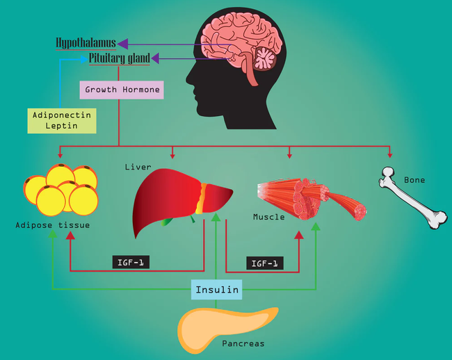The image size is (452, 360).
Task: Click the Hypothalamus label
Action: point(86,43)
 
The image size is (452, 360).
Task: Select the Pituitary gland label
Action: point(119,58)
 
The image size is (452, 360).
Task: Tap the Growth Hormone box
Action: point(122,90)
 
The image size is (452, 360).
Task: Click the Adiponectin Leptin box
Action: point(61,120)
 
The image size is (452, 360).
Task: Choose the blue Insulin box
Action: point(217,290)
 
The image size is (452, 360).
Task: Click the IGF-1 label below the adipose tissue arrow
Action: point(131,263)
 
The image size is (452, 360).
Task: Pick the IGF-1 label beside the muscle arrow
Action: point(265,263)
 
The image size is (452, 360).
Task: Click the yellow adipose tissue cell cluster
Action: point(60,190)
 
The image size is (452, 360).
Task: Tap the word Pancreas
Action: point(243,343)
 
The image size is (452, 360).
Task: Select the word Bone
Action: point(414,180)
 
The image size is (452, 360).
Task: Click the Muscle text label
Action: point(268,217)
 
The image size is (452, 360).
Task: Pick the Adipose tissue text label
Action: point(52,225)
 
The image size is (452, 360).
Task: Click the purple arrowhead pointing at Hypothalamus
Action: point(122,43)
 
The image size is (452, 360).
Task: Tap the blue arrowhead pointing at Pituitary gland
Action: point(84,59)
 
